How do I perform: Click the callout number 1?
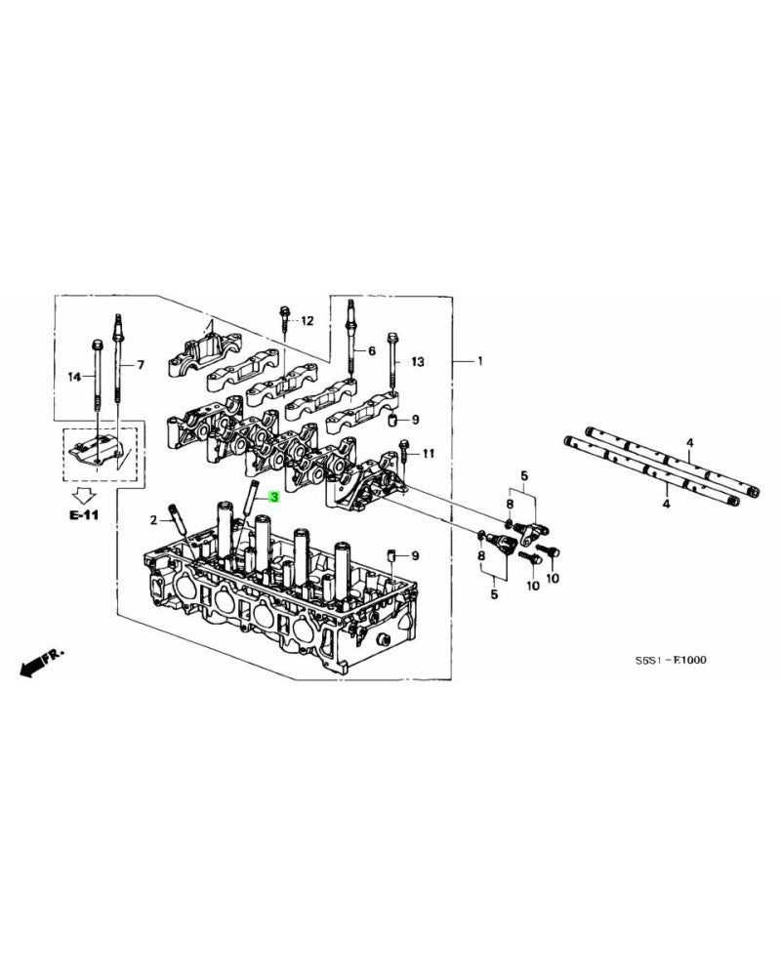(x=479, y=361)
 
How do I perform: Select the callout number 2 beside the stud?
(x=153, y=518)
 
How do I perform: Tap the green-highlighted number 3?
(x=274, y=498)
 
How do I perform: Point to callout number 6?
(x=371, y=349)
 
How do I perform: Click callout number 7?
(x=140, y=365)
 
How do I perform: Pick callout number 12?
(x=308, y=320)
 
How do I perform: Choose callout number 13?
(x=418, y=361)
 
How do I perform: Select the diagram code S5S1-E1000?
(x=671, y=661)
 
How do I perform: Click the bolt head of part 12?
(x=282, y=314)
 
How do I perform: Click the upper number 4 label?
(x=689, y=443)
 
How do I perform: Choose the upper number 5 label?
(x=523, y=475)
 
